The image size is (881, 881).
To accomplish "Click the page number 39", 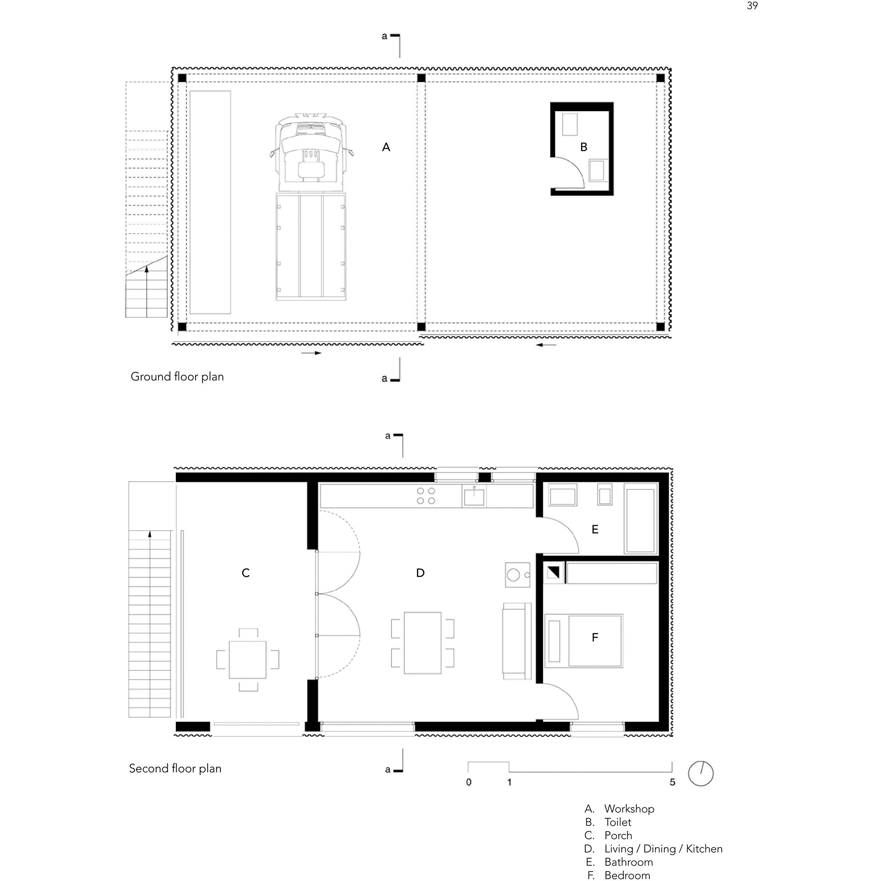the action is [752, 6].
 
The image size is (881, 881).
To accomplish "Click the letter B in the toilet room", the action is [584, 147].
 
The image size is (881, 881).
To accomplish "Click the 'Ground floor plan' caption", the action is [177, 377].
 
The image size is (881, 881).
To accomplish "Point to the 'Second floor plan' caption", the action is [175, 768].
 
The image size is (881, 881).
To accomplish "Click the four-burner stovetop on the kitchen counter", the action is [426, 496].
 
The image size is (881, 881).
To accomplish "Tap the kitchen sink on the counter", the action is [474, 496].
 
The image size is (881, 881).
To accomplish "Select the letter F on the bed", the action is [595, 638].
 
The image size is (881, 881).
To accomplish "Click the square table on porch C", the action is [248, 660].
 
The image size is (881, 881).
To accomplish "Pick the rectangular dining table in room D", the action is [423, 643].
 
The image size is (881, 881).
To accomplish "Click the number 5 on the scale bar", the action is [672, 782].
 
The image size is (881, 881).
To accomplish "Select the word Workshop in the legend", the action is [629, 809].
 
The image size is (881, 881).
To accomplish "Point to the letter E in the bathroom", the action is [595, 529].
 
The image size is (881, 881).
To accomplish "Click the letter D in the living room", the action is [421, 573].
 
